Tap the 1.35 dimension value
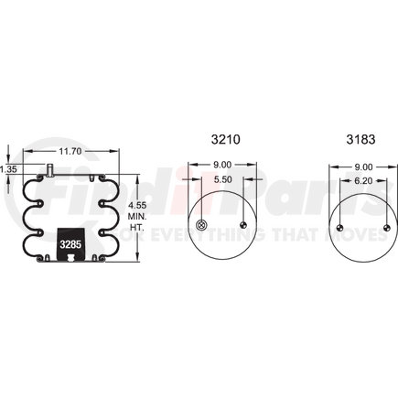coord(8,169)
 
